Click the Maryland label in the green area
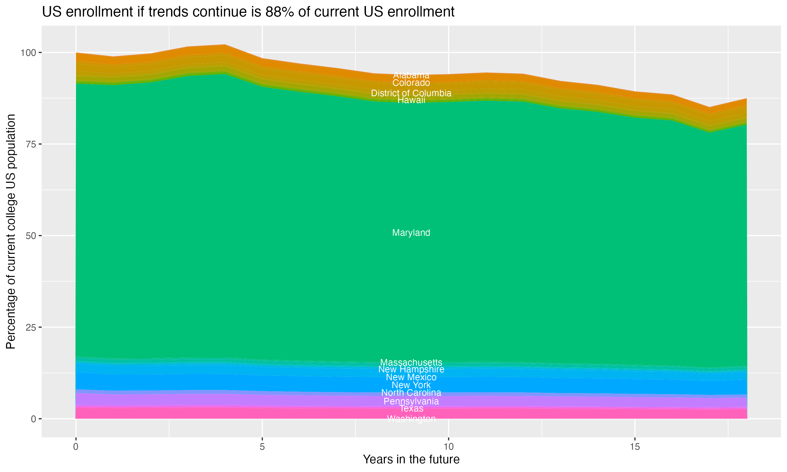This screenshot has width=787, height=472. tap(411, 233)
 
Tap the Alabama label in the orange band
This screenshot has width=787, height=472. tap(411, 75)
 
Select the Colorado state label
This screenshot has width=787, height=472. tap(411, 83)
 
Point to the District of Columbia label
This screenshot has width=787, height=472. tap(411, 93)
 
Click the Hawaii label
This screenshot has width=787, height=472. tap(411, 100)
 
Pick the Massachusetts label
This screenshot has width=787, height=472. tap(411, 362)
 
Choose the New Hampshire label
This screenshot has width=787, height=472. tap(411, 369)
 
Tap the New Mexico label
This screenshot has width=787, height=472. tap(411, 377)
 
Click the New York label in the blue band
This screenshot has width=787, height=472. tap(411, 385)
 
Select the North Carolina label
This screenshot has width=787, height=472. tap(411, 393)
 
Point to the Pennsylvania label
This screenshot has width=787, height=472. tap(411, 401)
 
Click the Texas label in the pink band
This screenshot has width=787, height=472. tap(411, 408)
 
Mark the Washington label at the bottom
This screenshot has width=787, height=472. tap(411, 419)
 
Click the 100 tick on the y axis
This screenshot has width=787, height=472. tap(29, 52)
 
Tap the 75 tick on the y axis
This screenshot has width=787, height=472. tap(31, 144)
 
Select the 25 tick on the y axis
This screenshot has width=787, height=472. tap(31, 327)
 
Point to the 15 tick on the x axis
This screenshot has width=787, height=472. tap(635, 447)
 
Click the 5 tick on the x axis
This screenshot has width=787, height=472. tap(262, 447)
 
